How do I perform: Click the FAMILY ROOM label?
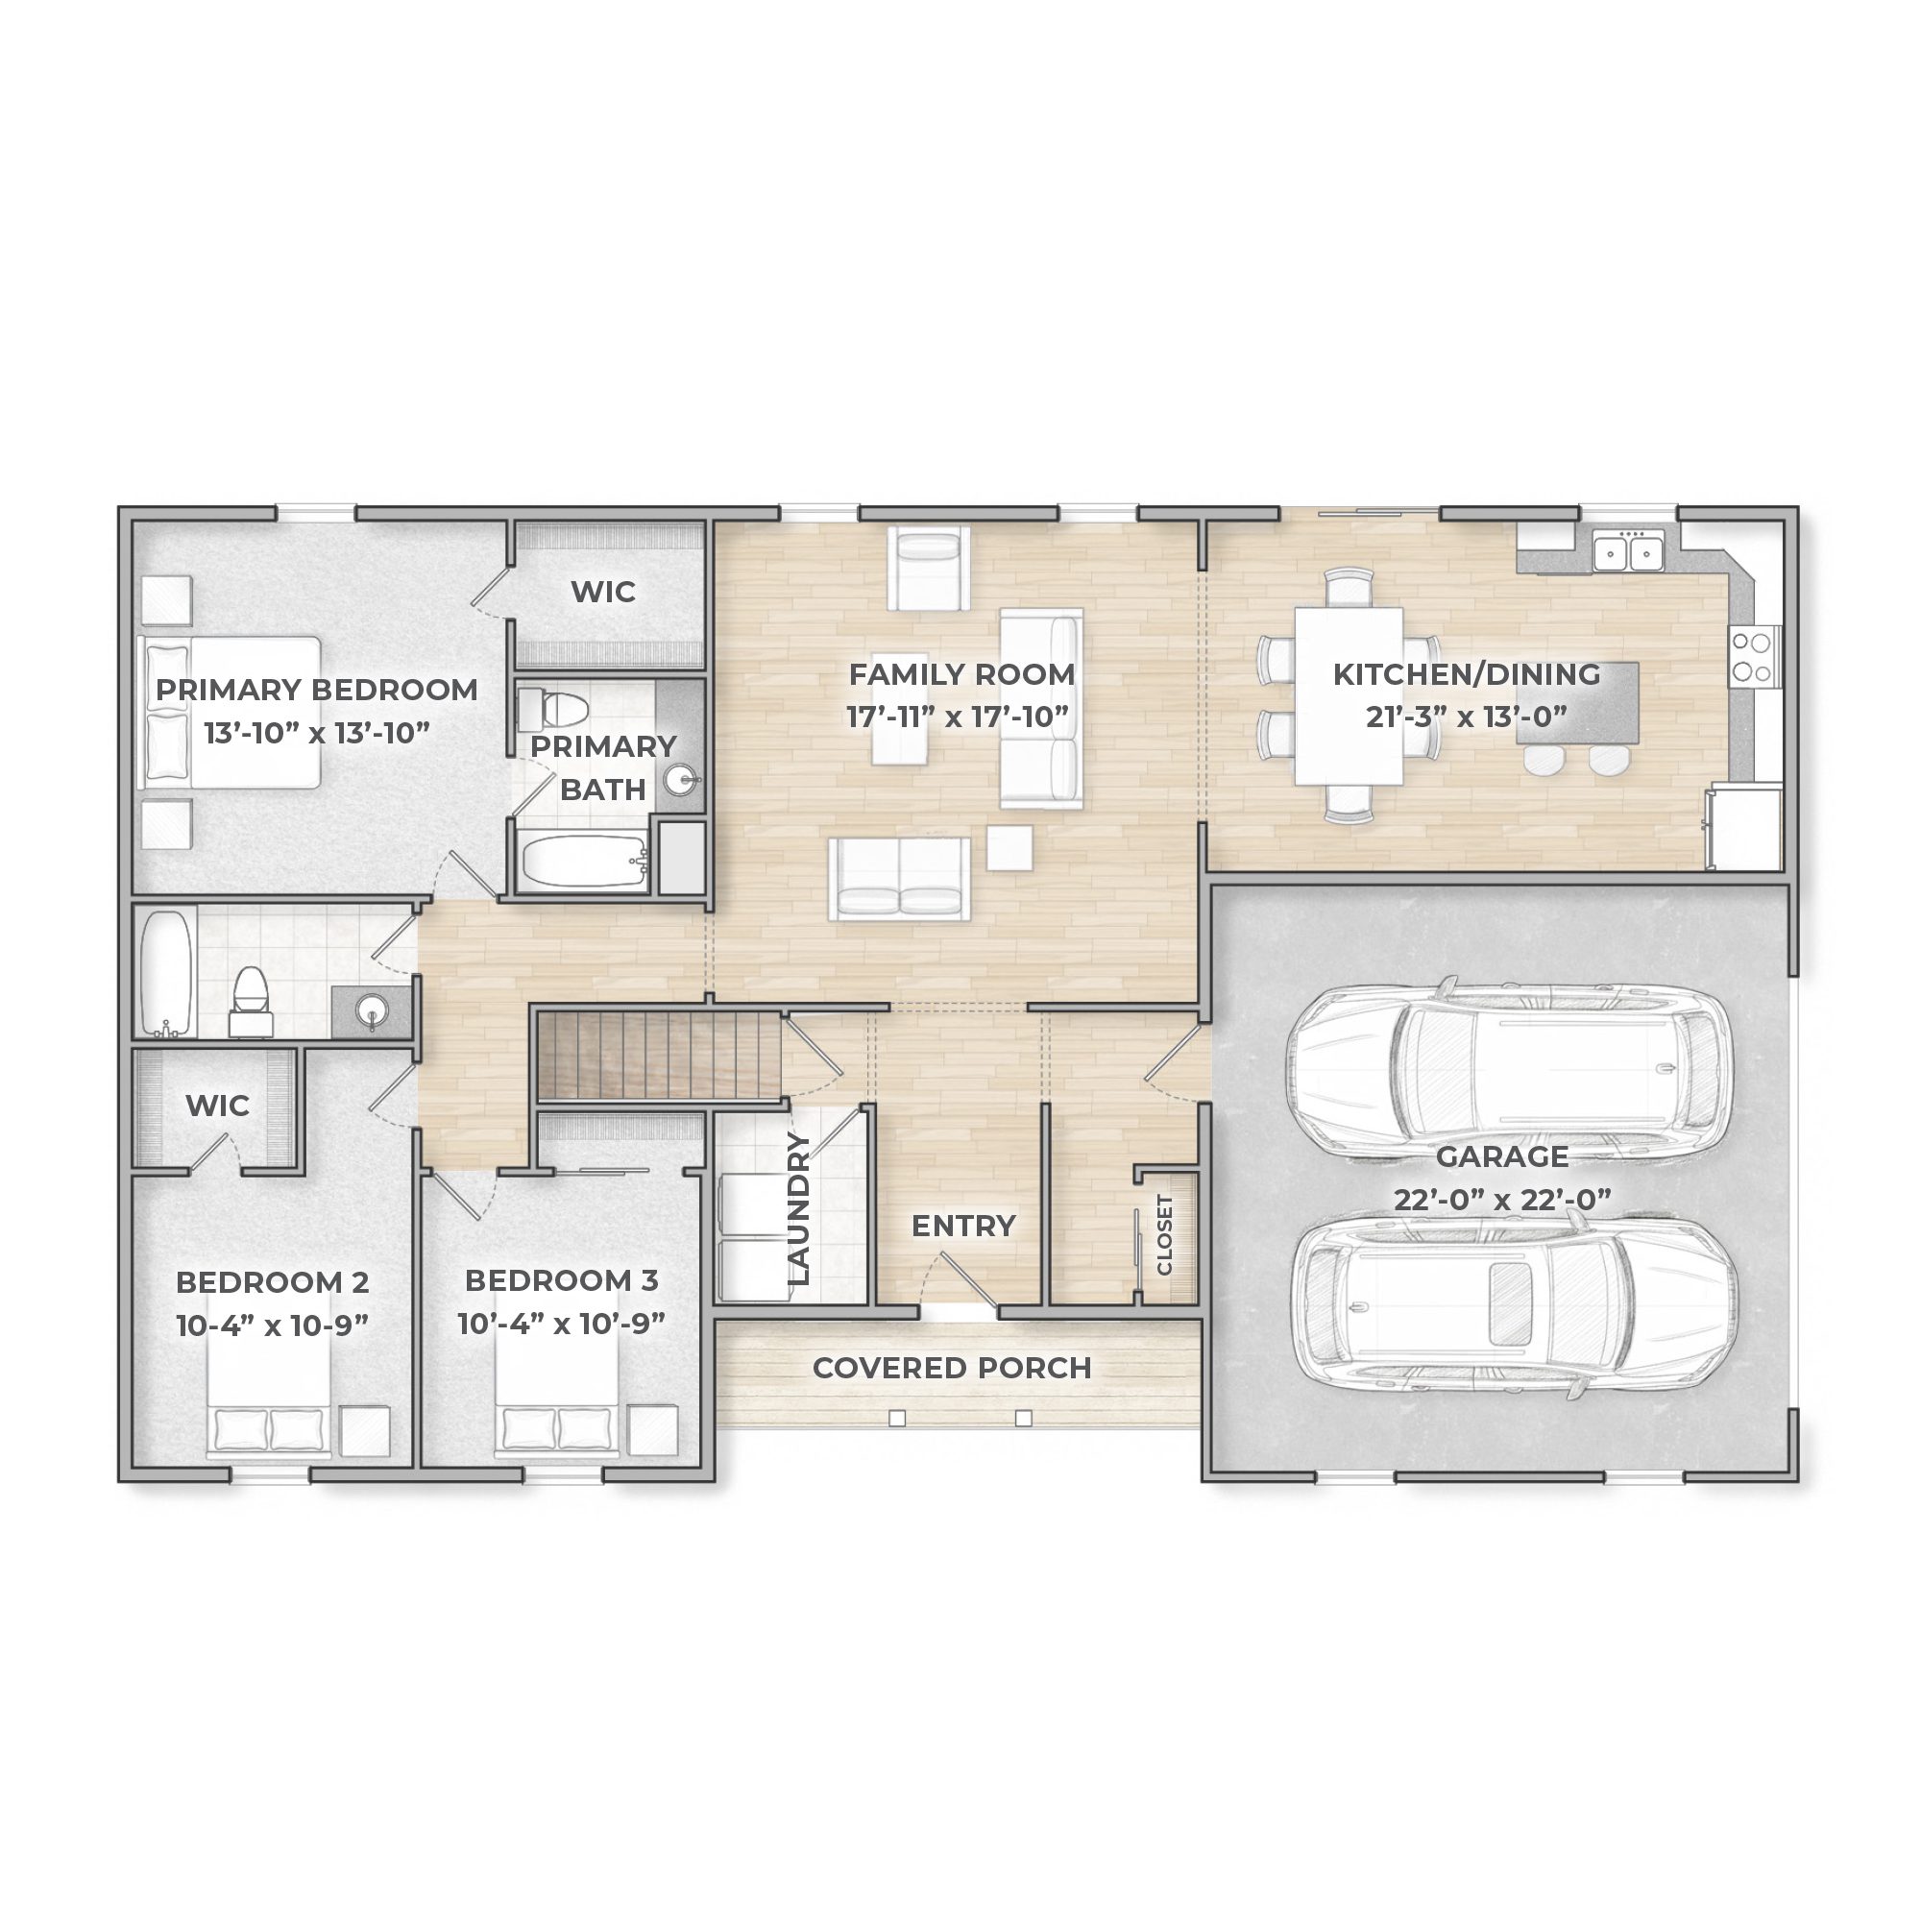pos(961,674)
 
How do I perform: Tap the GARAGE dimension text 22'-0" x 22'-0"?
pos(1501,1200)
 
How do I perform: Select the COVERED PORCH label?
pos(952,1368)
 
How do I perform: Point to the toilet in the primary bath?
pos(553,708)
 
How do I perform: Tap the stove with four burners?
pos(1756,655)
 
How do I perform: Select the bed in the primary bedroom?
pos(230,713)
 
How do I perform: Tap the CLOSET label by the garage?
pos(1165,1234)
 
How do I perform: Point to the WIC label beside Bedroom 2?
pos(218,1106)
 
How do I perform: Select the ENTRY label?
pos(963,1226)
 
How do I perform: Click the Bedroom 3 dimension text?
pos(562,1324)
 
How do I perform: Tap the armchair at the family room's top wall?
pos(929,568)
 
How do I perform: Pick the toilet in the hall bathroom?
pos(251,1002)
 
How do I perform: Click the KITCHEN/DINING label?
pos(1467,674)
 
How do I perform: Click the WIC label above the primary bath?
pos(603,592)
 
